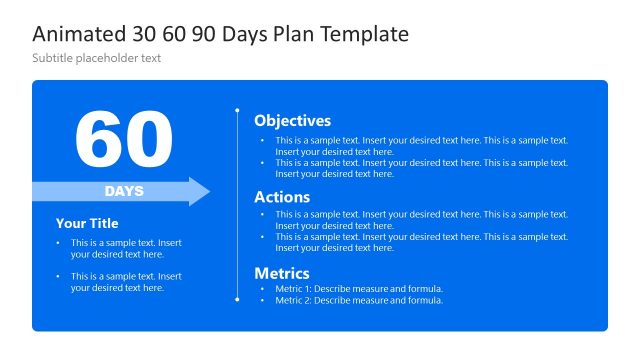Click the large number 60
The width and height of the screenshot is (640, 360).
click(124, 139)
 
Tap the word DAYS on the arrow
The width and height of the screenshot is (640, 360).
click(124, 191)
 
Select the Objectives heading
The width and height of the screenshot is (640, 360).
click(292, 121)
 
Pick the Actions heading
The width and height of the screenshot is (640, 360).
click(282, 197)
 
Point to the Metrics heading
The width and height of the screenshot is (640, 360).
click(282, 273)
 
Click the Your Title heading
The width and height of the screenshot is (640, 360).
click(87, 224)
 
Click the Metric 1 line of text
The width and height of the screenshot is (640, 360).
click(358, 289)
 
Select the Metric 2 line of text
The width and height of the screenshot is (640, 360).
click(358, 300)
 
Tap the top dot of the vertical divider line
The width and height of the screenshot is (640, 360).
click(237, 110)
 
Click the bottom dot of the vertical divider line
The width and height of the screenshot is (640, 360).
click(237, 299)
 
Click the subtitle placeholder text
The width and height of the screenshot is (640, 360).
click(96, 58)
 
